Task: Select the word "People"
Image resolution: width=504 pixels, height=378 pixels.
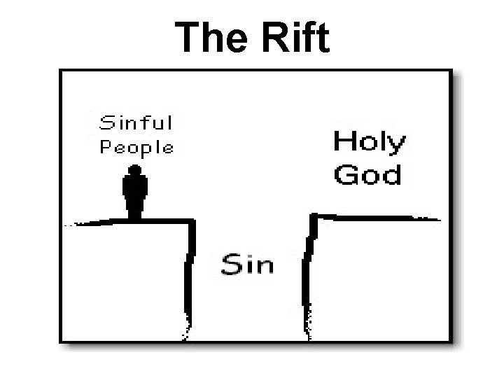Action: (136, 147)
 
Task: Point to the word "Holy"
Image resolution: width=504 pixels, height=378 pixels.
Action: (368, 143)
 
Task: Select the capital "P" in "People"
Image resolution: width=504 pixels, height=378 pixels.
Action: (106, 147)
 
